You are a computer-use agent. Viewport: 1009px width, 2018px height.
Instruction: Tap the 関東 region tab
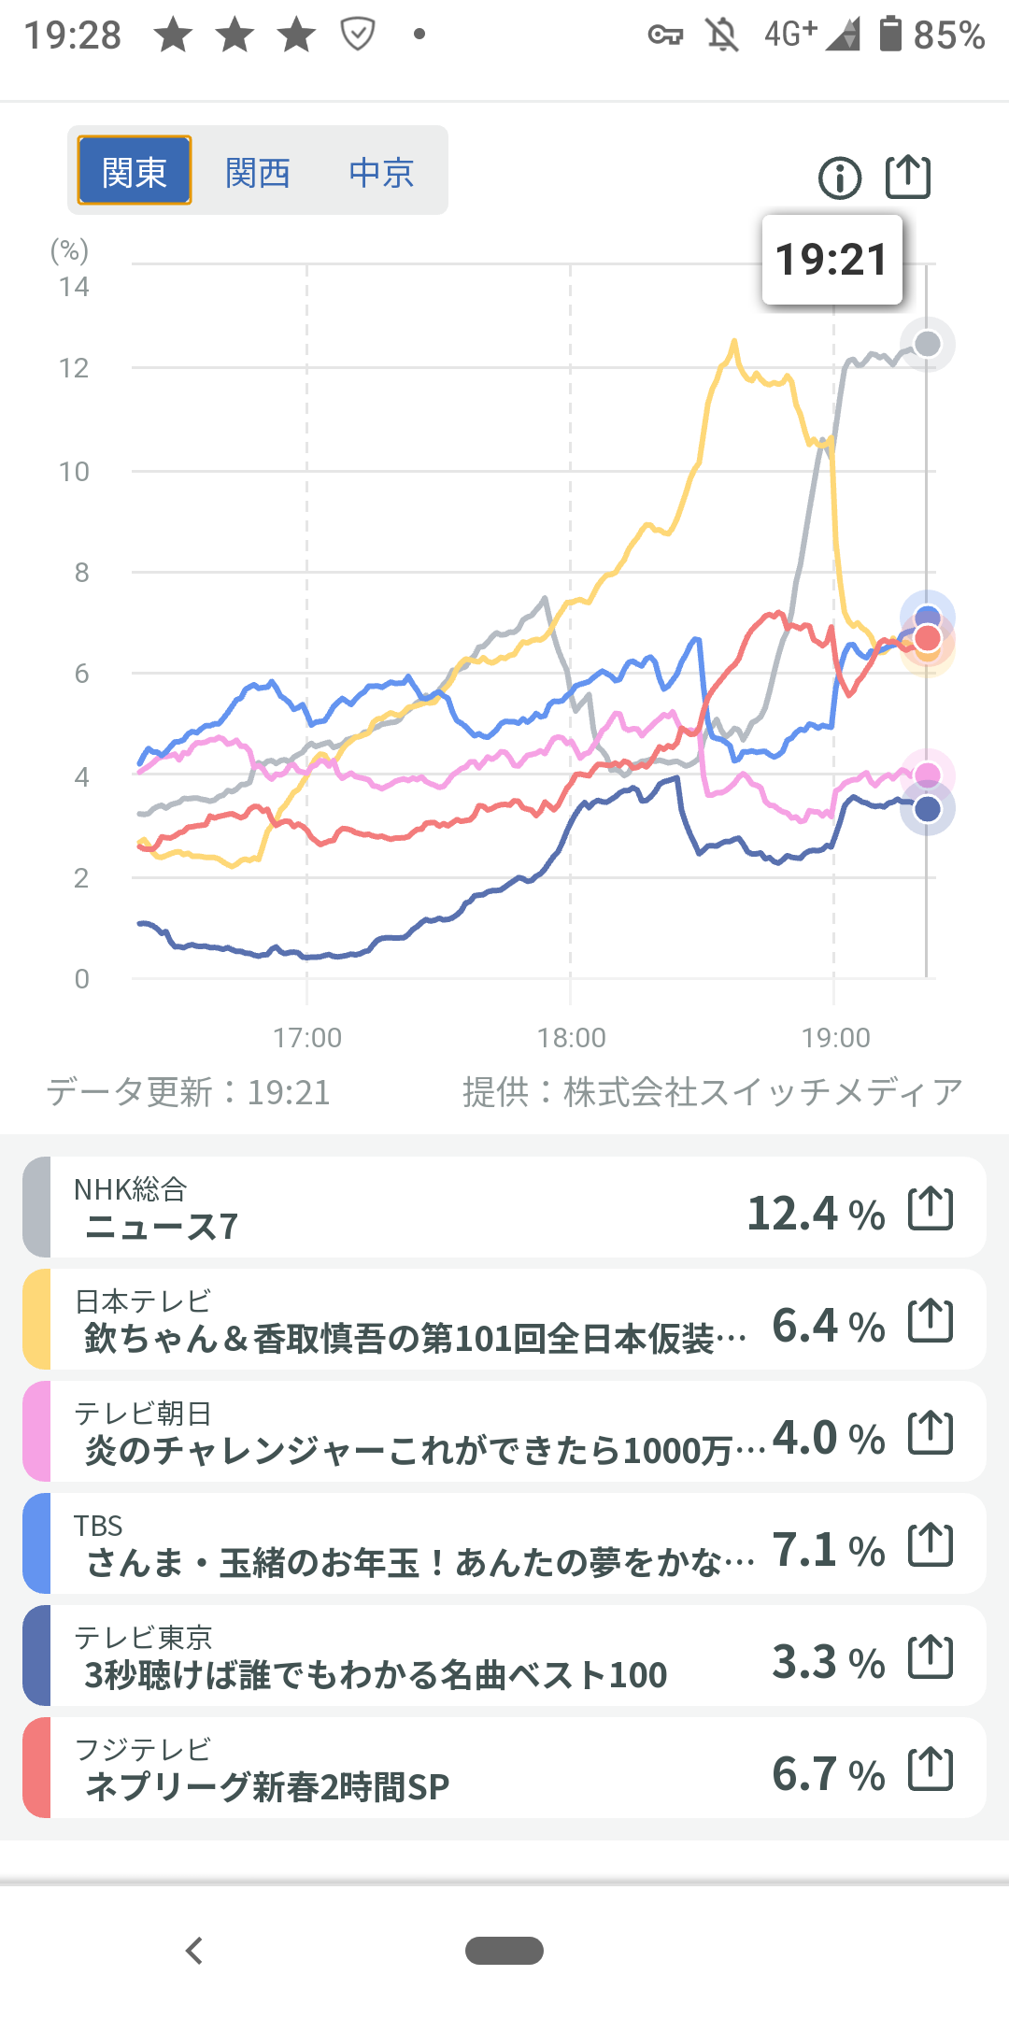[135, 171]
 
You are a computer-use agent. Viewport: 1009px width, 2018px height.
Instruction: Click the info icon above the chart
[839, 178]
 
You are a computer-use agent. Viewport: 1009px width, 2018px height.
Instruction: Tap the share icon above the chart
[908, 176]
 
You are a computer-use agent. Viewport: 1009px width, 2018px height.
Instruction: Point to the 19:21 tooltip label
[831, 260]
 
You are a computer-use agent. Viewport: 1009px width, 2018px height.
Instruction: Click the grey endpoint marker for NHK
[927, 344]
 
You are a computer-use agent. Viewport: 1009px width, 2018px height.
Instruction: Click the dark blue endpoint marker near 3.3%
[927, 809]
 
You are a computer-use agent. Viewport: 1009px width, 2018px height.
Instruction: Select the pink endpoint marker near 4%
[927, 774]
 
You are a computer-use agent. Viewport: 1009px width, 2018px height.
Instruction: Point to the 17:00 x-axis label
[307, 1037]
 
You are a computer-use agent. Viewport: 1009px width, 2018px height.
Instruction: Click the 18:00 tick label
[571, 1037]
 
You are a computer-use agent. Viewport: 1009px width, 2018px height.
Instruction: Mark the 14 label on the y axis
[74, 287]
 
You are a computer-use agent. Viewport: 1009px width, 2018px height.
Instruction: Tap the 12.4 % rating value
[816, 1213]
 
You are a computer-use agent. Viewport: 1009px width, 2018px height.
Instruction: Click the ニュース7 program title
[163, 1227]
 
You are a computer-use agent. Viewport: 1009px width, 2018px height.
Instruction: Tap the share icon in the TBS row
[931, 1545]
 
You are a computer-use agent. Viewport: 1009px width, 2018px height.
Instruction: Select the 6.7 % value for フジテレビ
[828, 1773]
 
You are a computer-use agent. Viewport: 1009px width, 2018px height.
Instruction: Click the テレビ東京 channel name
[143, 1637]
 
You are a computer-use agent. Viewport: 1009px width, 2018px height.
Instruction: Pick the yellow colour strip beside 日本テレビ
[36, 1318]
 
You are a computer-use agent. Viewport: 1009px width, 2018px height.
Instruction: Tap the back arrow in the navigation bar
[194, 1951]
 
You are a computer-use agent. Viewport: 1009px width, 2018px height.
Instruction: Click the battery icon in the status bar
[890, 35]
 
